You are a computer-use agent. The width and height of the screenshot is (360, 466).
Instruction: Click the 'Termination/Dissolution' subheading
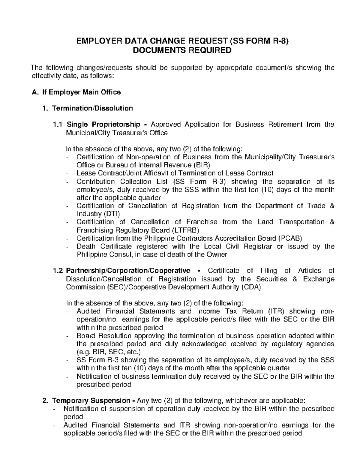92,108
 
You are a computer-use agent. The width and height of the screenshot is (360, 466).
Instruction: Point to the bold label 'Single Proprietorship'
103,124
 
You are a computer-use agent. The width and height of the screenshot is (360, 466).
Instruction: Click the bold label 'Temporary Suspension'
91,401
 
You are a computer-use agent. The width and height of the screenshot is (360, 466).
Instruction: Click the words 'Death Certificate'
104,246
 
